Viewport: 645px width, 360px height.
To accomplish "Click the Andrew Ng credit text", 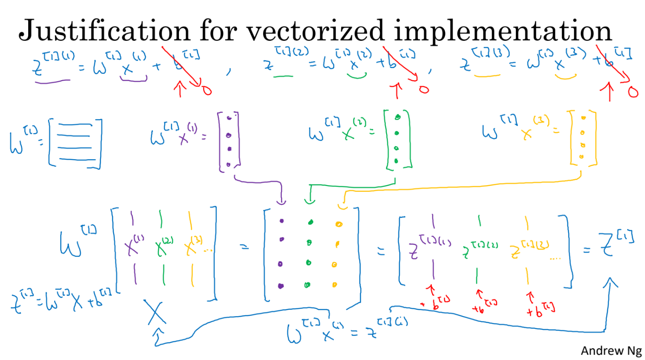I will coord(611,350).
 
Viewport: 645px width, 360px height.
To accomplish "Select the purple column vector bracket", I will coord(229,141).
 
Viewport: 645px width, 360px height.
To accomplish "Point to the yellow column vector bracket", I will coord(583,138).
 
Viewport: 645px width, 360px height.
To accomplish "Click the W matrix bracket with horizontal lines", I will coord(75,143).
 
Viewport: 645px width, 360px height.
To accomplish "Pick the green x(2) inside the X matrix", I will coord(164,246).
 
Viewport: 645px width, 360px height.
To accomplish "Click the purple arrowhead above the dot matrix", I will coord(281,201).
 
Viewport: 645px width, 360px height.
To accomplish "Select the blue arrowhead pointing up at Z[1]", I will coord(611,283).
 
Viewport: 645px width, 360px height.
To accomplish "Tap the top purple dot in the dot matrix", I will coord(282,221).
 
